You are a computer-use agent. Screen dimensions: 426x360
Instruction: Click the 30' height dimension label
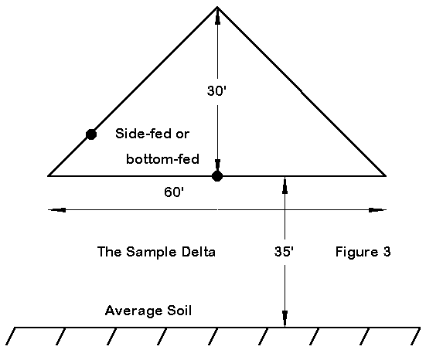(216, 90)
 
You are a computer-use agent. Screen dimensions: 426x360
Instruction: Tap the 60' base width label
(174, 192)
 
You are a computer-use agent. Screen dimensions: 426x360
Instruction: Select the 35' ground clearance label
(284, 251)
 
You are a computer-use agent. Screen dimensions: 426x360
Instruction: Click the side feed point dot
(91, 134)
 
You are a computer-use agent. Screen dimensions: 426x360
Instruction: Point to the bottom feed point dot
(217, 176)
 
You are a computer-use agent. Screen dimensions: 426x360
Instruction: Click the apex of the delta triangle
(217, 7)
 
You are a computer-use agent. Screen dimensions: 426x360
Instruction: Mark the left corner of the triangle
(49, 176)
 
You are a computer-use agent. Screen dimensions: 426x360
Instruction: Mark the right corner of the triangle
(386, 176)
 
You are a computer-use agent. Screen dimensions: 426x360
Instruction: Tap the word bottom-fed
(162, 159)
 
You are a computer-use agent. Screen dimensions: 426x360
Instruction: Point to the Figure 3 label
(363, 252)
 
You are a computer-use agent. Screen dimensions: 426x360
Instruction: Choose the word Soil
(179, 311)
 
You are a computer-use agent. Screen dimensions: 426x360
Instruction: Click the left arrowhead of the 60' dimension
(57, 210)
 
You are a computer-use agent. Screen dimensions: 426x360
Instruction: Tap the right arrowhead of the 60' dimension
(377, 210)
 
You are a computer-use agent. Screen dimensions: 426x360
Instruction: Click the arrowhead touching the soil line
(285, 318)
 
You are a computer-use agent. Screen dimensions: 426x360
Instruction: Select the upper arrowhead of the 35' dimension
(285, 185)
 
